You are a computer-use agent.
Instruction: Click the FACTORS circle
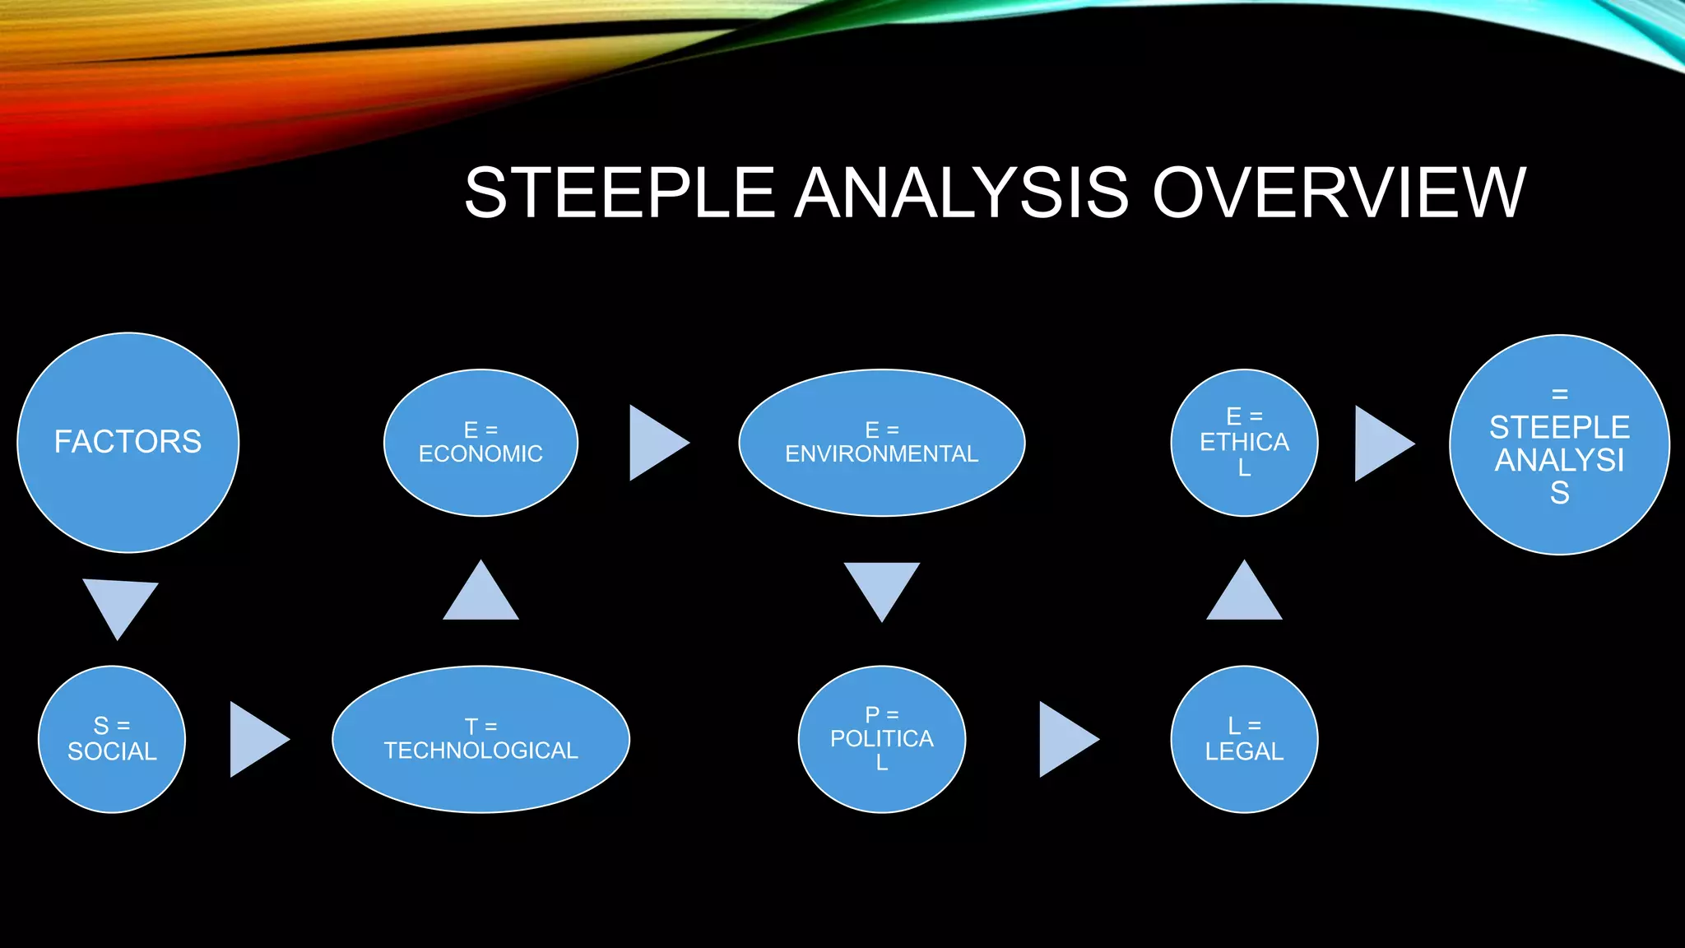coord(128,443)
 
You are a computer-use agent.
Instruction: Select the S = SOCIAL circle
coord(112,739)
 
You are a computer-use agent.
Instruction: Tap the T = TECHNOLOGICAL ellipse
coord(481,739)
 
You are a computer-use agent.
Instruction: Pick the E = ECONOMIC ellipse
coord(481,443)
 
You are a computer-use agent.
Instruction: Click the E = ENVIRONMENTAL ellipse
coord(882,443)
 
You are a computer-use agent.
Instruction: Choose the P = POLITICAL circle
coord(882,739)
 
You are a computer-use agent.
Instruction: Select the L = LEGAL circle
coord(1244,739)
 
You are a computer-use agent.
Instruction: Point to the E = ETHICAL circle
coord(1244,443)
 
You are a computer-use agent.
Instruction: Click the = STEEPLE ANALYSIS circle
coord(1559,444)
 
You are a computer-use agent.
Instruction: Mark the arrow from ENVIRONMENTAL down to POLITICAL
coord(882,588)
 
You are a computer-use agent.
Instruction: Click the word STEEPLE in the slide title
coord(620,193)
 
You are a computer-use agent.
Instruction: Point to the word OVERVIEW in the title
coord(1339,193)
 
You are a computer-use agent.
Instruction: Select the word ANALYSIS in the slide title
coord(961,193)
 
